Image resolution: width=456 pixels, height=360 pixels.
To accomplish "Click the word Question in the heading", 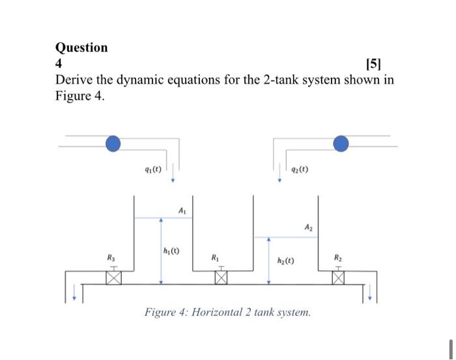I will click(81, 48).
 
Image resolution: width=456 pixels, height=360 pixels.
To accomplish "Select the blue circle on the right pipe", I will click(340, 143).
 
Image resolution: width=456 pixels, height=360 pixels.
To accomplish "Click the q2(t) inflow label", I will click(298, 171).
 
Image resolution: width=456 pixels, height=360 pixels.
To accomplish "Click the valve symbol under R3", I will click(114, 278).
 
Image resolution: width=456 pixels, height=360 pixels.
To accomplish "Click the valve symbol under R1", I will click(221, 278).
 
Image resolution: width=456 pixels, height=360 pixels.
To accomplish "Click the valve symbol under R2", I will click(338, 278).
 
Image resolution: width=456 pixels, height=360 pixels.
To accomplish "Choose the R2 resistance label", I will click(338, 258).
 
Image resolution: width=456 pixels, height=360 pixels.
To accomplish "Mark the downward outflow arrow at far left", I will click(74, 297).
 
